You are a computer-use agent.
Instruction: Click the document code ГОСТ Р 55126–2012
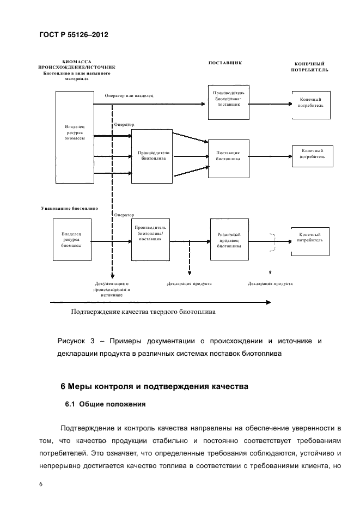[x=74, y=35]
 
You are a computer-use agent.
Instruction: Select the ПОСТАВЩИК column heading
[x=225, y=63]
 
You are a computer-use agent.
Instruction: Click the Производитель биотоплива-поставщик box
[x=228, y=101]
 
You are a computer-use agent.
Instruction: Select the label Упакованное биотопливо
[x=69, y=208]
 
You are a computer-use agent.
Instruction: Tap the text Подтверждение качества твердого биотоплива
[x=143, y=313]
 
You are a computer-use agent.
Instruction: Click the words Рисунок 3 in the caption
[x=76, y=341]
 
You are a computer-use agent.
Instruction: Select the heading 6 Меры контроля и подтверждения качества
[x=154, y=386]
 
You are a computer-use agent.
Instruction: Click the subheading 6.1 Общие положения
[x=103, y=405]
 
